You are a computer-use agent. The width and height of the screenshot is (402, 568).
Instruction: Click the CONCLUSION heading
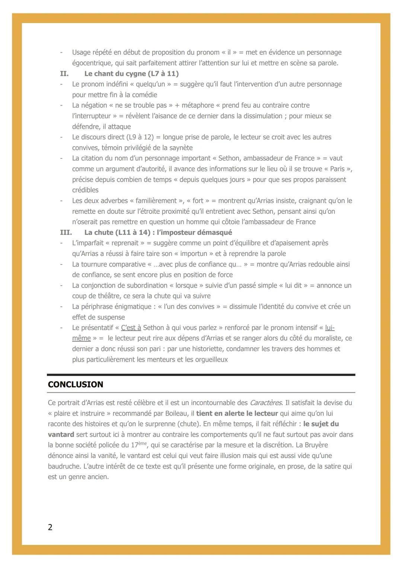pyautogui.click(x=76, y=385)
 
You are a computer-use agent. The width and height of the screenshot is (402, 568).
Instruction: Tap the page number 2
pyautogui.click(x=50, y=527)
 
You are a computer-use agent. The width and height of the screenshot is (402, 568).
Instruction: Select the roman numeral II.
pyautogui.click(x=64, y=74)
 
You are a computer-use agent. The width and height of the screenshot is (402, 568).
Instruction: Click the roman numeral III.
pyautogui.click(x=66, y=232)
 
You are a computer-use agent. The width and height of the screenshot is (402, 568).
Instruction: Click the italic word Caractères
pyautogui.click(x=266, y=403)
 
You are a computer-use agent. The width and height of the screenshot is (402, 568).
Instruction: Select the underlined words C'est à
pyautogui.click(x=131, y=328)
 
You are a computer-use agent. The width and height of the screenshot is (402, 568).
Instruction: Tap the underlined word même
pyautogui.click(x=82, y=338)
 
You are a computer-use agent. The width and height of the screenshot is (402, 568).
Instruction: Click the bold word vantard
pyautogui.click(x=61, y=434)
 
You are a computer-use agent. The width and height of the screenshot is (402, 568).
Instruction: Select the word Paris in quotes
pyautogui.click(x=337, y=169)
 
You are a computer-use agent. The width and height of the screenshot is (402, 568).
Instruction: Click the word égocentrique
pyautogui.click(x=91, y=63)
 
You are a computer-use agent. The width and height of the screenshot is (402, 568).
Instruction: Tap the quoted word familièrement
pyautogui.click(x=157, y=201)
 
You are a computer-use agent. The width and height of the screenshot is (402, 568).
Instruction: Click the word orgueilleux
pyautogui.click(x=211, y=360)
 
